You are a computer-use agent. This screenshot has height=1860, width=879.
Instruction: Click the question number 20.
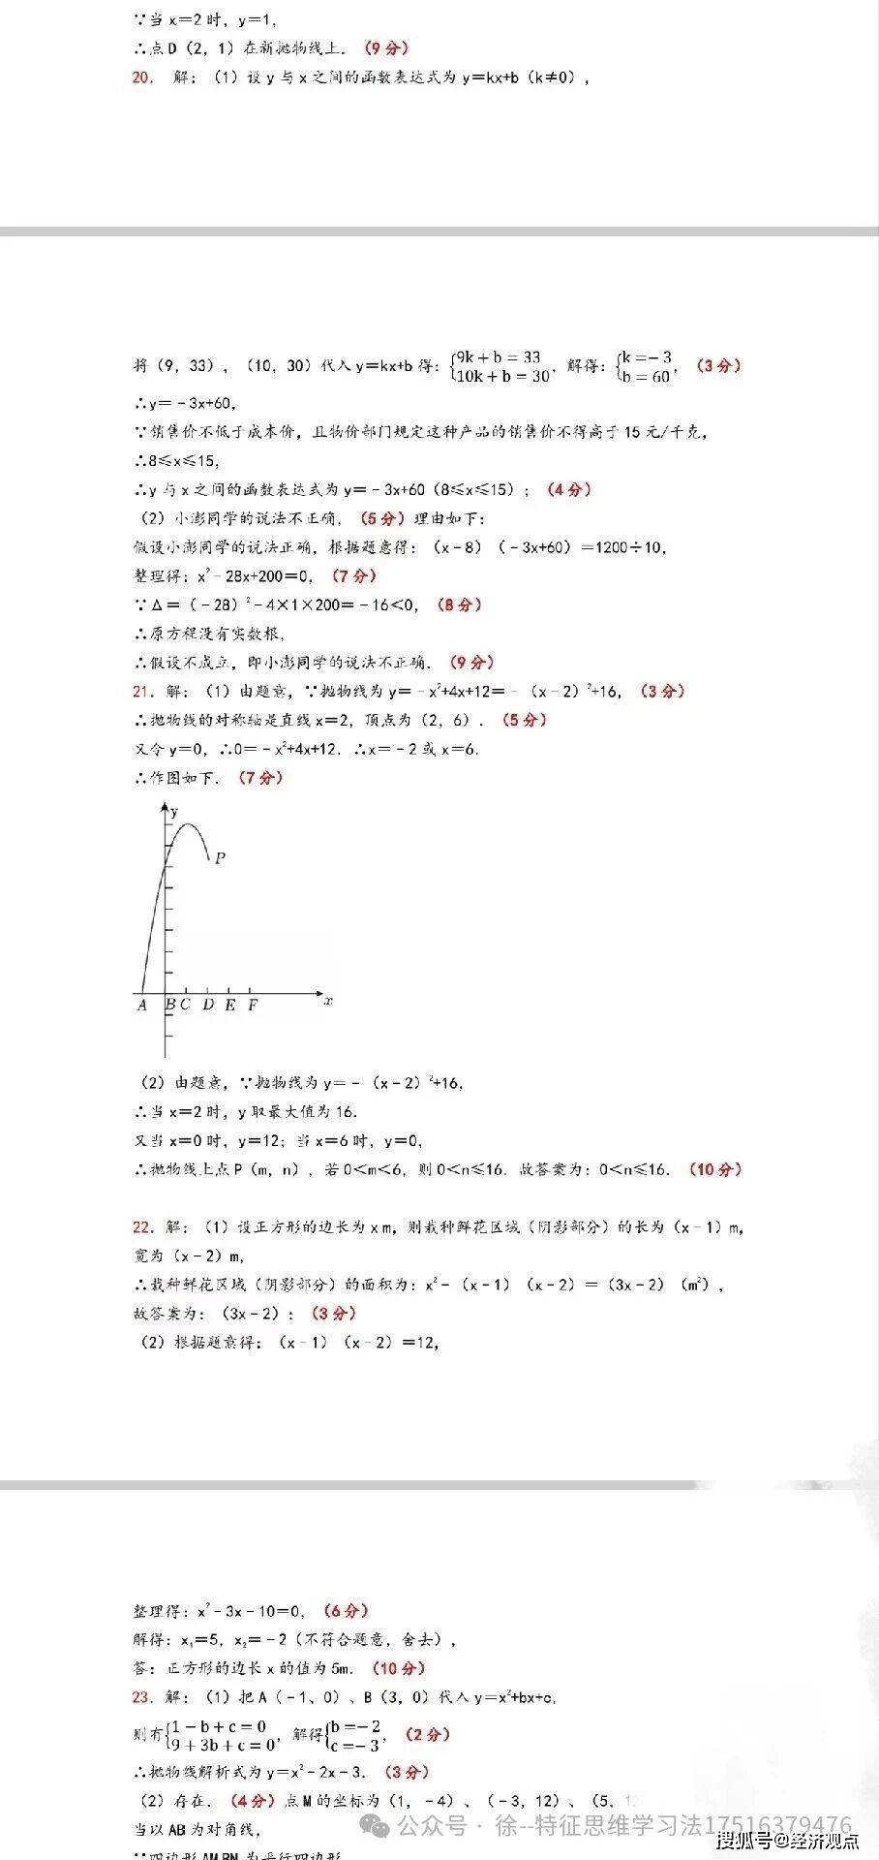coord(142,77)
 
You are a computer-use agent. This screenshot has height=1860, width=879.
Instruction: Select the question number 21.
coord(142,691)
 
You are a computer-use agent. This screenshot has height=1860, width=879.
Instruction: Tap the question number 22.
coord(142,1226)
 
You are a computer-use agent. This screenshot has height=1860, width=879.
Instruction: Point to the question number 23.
coord(142,1696)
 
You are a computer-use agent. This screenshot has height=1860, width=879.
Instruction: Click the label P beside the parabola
coord(220,857)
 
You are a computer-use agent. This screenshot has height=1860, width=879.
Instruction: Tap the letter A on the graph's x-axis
coord(142,1005)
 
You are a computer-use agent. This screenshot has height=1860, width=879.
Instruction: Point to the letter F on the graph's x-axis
coord(253,1005)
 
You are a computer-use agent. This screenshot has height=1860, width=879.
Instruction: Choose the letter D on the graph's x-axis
coord(208,1005)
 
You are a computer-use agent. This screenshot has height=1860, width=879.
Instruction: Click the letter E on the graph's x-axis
coord(230,1005)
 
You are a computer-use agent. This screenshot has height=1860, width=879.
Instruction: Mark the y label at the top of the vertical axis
coord(174,812)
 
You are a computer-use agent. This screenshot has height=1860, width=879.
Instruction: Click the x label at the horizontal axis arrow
coord(329,1001)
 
